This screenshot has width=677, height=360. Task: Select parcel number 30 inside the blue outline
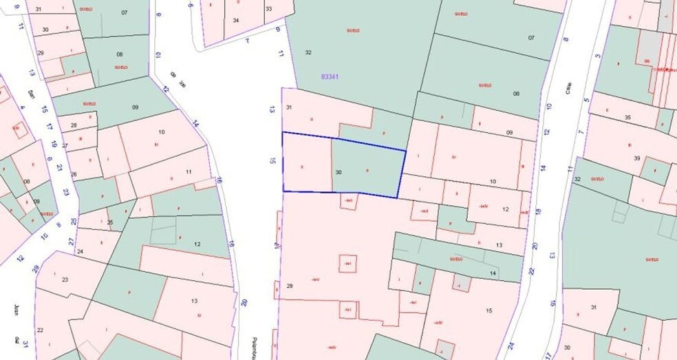(x=338, y=171)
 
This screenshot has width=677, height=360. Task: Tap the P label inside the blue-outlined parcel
(x=368, y=169)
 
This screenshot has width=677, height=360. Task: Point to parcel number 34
(x=236, y=20)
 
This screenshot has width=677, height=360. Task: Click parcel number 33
(x=268, y=9)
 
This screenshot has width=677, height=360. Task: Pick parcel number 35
(x=627, y=118)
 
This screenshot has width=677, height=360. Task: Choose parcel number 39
(x=637, y=158)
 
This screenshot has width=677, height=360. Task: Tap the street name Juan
(x=15, y=306)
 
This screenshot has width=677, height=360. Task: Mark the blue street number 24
(x=511, y=346)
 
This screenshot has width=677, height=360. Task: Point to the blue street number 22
(x=531, y=272)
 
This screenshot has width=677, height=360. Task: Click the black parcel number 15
(x=489, y=311)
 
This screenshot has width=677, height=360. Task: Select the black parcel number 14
(x=493, y=273)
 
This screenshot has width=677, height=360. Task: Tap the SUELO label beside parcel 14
(x=455, y=260)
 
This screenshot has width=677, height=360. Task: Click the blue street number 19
(x=53, y=144)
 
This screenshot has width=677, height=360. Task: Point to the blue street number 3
(x=598, y=56)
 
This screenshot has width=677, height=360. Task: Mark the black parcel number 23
(x=65, y=279)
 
